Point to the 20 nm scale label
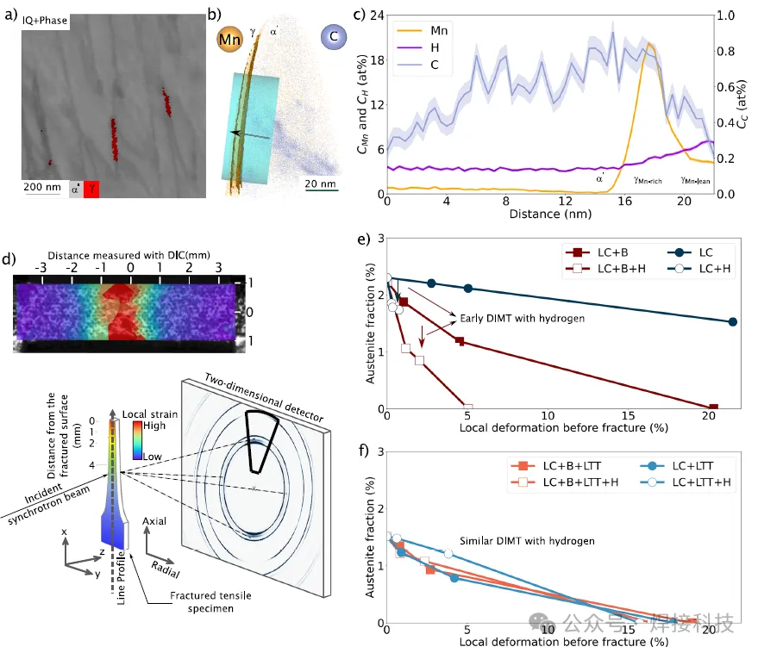point(318,183)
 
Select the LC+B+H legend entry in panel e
point(600,269)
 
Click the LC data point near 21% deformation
point(732,321)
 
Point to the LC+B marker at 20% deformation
point(712,407)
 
